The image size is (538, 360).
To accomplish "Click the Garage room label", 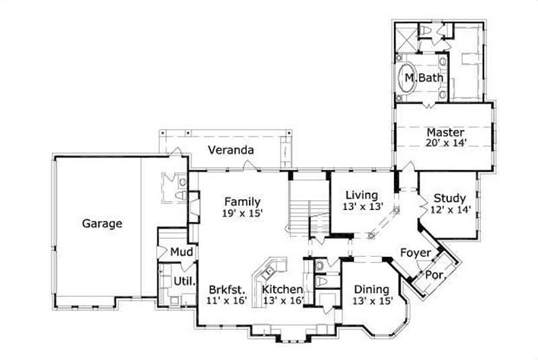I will [102, 223].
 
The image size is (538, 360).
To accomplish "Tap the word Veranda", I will [230, 149].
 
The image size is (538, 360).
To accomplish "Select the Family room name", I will [242, 201].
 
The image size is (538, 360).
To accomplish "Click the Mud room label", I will [182, 252].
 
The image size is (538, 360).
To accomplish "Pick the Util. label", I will [185, 281].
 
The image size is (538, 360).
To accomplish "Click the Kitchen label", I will [282, 289].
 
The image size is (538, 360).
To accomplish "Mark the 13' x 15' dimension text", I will [372, 301].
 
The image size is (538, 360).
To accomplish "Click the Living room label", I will [362, 195].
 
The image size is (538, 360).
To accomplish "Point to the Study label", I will [449, 198].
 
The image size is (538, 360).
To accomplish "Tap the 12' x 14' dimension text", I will [449, 209].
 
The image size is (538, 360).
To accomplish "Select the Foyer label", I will [416, 253].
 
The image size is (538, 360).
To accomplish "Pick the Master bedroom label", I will [445, 133].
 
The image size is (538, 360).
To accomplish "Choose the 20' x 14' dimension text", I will [445, 143].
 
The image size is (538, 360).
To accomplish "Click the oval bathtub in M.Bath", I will [408, 79].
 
